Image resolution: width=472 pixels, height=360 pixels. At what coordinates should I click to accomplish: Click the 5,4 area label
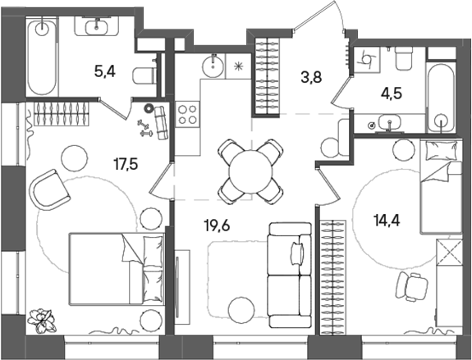point(104,72)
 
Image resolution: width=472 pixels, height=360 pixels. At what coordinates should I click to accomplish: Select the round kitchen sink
point(213,63)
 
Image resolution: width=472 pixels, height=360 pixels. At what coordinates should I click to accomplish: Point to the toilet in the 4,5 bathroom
point(403,60)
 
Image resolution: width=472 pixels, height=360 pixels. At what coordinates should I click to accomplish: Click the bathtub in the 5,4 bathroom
point(41,59)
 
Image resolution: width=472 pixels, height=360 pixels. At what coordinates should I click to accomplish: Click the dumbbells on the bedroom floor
point(146,125)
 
